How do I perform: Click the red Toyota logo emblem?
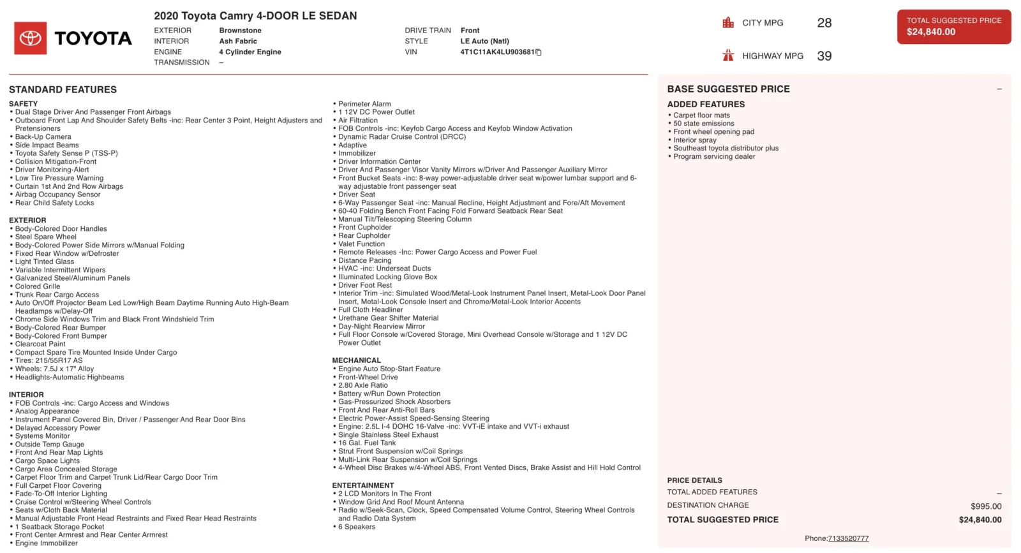pos(31,38)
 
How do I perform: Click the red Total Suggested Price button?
pos(953,27)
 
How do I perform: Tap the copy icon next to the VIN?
pos(539,52)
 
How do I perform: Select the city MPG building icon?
pos(728,23)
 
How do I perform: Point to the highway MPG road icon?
pos(728,55)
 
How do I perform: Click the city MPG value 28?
pos(824,23)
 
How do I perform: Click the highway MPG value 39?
pos(824,56)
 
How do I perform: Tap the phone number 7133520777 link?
pos(848,538)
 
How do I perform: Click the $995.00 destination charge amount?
pos(986,506)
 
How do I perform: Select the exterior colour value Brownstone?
pos(240,31)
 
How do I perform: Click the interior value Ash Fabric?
pos(238,41)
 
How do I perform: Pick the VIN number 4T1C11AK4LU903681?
pos(497,52)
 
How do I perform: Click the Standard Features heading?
pos(63,90)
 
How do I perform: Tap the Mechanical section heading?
pos(356,360)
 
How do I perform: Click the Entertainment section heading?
pos(362,485)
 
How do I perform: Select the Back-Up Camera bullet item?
pos(43,137)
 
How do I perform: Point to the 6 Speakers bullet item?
pos(357,527)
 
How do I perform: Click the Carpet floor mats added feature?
pos(701,115)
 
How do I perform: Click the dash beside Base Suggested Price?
pos(999,89)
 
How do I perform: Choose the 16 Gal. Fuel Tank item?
pos(367,443)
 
